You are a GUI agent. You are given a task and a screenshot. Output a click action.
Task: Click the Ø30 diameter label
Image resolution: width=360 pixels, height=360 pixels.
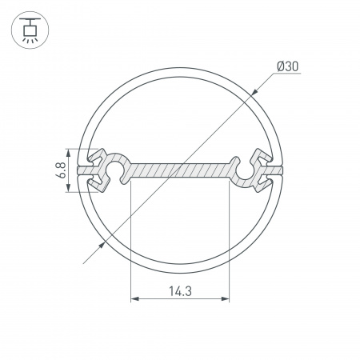click(x=289, y=66)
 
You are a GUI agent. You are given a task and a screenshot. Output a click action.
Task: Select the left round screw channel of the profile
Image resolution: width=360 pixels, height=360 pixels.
click(x=118, y=170)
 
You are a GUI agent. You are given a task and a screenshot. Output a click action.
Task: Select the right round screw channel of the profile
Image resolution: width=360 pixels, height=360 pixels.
click(x=242, y=170)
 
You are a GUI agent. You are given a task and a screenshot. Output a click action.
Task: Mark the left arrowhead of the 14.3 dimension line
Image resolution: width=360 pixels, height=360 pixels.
click(x=134, y=300)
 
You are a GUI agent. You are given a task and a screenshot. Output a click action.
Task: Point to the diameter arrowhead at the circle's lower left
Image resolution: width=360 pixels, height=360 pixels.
click(x=102, y=245)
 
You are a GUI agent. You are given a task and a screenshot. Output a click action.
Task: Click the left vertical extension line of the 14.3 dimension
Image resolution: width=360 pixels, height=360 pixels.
click(x=130, y=240)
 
